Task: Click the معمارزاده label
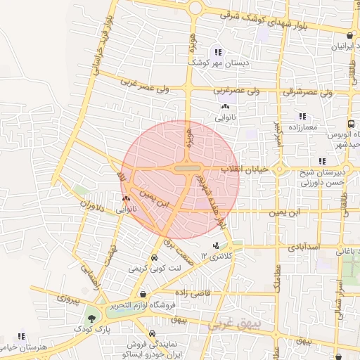[x=302, y=127]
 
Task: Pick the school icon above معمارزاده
[x=302, y=116]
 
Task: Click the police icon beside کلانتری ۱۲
[x=215, y=246]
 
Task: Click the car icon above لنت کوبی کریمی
[x=154, y=257]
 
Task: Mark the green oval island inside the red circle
[x=186, y=169]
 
